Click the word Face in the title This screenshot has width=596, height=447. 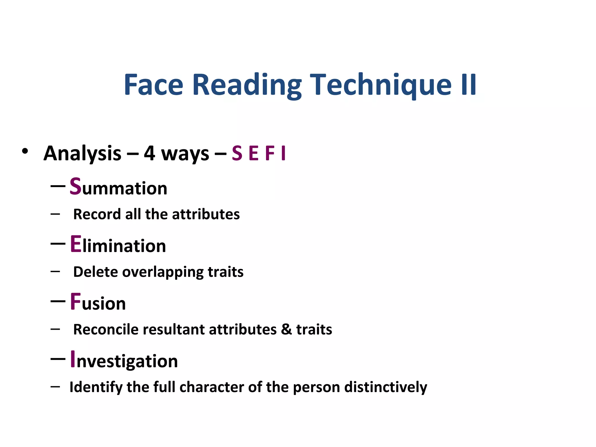[x=153, y=85]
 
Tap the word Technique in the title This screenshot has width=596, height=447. [x=381, y=85]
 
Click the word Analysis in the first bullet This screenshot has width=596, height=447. [x=82, y=153]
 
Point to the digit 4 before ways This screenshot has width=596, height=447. [x=149, y=153]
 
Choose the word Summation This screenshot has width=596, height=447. [x=118, y=187]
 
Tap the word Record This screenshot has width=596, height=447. [x=97, y=214]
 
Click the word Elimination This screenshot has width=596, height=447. [x=118, y=245]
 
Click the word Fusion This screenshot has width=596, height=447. [x=98, y=302]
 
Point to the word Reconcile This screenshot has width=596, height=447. [x=106, y=329]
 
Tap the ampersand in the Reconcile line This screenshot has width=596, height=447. [x=286, y=329]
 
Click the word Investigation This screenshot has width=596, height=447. [x=124, y=360]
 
